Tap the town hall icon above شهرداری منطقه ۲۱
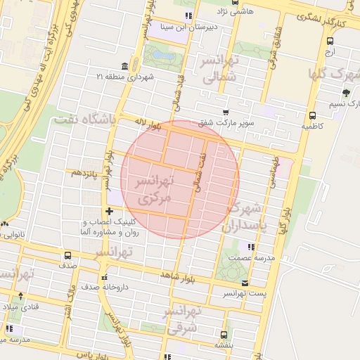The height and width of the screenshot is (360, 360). (x=125, y=66)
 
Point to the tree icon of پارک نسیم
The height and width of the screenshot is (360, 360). (x=346, y=93)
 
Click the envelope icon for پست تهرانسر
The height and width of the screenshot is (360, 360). (x=245, y=284)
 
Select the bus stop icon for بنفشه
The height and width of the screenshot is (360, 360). (x=224, y=335)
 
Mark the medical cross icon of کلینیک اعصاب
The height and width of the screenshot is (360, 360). (x=108, y=211)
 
